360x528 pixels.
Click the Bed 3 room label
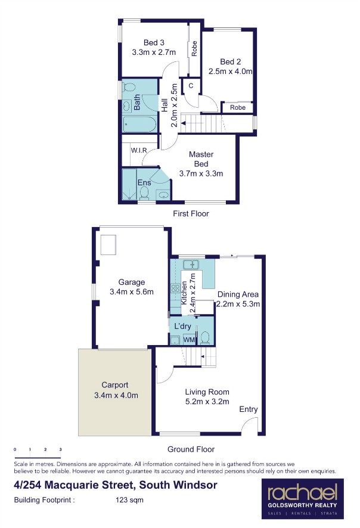(x=154, y=43)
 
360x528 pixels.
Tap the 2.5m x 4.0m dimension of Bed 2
(x=230, y=72)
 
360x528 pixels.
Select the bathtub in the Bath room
(x=139, y=125)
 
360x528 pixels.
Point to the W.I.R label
(x=139, y=150)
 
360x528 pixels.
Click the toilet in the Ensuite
(x=144, y=193)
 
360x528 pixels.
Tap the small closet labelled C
(x=191, y=86)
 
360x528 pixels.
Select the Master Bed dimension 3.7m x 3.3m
(x=201, y=174)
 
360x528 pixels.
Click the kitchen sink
(x=191, y=265)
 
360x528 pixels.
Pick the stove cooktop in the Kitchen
(x=175, y=288)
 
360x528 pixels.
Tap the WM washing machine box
(x=189, y=340)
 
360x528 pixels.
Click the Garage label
(x=131, y=282)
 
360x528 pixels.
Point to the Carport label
(x=115, y=385)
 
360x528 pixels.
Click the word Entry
(x=249, y=409)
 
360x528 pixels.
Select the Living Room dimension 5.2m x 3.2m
(x=207, y=402)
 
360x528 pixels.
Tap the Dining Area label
(x=238, y=294)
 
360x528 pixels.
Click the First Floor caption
(x=191, y=213)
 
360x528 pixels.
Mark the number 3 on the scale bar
(x=60, y=449)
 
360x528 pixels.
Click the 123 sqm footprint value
(x=130, y=500)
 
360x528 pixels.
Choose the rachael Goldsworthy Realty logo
(x=302, y=499)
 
